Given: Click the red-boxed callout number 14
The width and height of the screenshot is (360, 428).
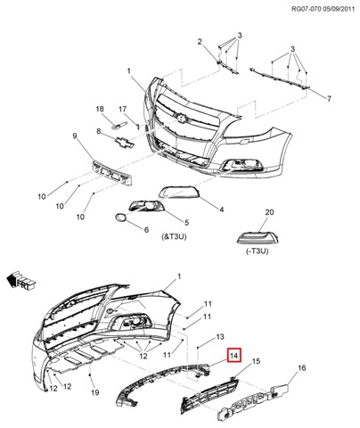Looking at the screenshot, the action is (x=234, y=355).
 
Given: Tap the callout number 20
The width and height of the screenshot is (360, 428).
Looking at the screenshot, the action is (x=269, y=212).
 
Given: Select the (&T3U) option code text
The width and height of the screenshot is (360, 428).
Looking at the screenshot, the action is (x=174, y=236).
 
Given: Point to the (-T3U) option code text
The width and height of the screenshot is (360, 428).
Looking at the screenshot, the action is (x=257, y=251).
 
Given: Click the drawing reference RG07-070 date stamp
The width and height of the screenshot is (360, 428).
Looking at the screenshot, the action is (x=323, y=9).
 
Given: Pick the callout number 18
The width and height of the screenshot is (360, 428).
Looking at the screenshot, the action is (x=100, y=109).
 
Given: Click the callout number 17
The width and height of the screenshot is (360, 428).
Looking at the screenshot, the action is (x=122, y=110).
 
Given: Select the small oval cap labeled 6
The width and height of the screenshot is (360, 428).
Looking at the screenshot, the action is (x=120, y=218).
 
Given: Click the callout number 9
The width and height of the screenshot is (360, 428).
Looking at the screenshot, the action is (x=75, y=136).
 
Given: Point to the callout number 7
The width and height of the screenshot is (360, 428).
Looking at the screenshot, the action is (x=329, y=98).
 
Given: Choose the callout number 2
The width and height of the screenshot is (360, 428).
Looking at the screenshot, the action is (x=200, y=42).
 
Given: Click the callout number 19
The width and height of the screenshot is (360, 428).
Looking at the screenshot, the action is (x=94, y=392).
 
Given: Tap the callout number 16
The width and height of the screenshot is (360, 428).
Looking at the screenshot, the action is (x=301, y=368).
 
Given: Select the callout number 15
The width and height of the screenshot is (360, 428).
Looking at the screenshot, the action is (x=256, y=361).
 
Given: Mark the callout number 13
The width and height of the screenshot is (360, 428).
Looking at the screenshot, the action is (x=220, y=337).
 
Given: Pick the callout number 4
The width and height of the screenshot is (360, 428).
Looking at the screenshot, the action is (x=222, y=210).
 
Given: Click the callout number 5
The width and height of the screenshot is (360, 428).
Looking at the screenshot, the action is (x=186, y=222).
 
